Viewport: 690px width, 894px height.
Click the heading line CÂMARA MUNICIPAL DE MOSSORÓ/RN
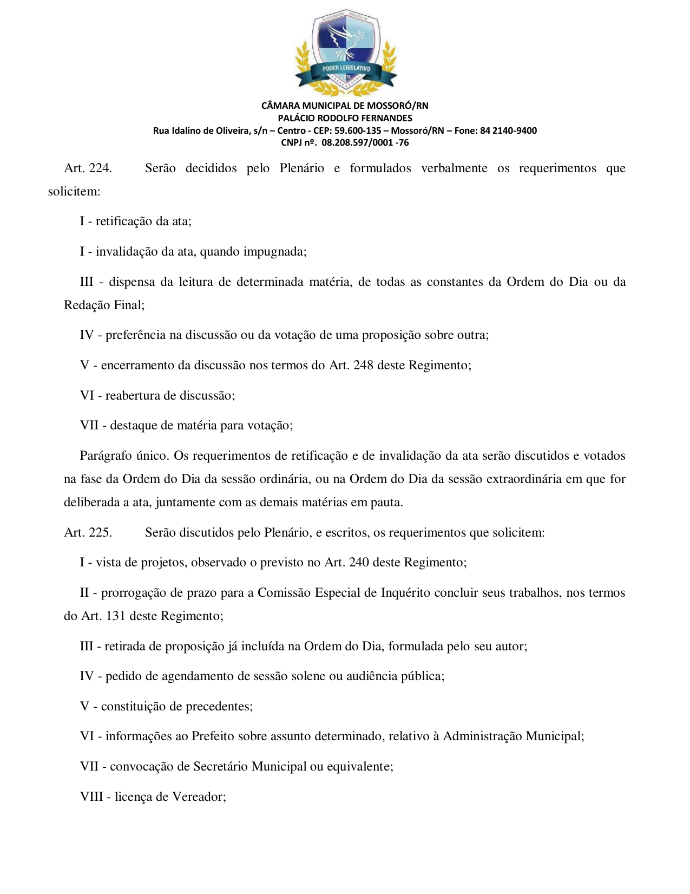pyautogui.click(x=345, y=106)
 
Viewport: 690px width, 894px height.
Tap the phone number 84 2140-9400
pyautogui.click(x=508, y=130)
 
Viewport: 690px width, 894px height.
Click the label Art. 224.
pyautogui.click(x=88, y=168)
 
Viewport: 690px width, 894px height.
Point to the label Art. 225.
pyautogui.click(x=88, y=533)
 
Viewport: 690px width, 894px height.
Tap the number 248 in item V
pyautogui.click(x=363, y=366)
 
